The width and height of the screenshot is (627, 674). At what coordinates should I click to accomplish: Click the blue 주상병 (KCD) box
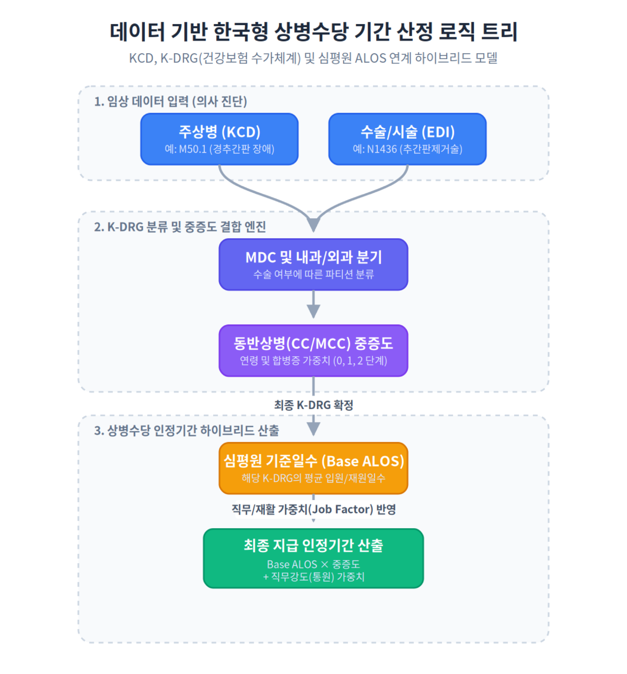[219, 139]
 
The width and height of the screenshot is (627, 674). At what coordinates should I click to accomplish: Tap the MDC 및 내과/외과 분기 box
[313, 264]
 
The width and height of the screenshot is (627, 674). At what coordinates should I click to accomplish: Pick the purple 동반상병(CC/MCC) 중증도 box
[313, 350]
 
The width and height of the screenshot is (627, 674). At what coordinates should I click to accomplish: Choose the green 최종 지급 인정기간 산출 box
[313, 558]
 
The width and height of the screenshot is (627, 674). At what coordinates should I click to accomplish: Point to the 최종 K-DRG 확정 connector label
[313, 405]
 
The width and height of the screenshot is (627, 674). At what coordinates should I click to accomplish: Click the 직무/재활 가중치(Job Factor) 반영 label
[313, 509]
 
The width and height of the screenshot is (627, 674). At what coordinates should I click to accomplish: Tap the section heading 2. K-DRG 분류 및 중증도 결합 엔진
[180, 227]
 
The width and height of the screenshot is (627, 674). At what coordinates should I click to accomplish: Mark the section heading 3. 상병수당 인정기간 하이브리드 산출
[186, 430]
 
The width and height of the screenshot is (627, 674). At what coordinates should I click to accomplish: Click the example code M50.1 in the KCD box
[193, 149]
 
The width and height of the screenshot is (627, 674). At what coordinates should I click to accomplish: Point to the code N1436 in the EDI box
[381, 149]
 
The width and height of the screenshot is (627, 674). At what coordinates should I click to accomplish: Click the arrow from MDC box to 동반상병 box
[313, 304]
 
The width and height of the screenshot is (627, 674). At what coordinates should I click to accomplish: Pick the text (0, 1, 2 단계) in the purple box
[360, 361]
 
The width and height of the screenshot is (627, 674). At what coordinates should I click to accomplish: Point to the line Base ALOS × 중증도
[313, 564]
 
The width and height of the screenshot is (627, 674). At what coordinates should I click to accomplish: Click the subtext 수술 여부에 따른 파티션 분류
[313, 274]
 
